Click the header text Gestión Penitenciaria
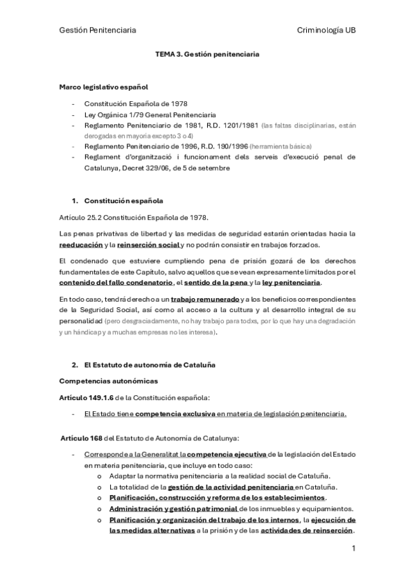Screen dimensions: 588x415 coord(98,31)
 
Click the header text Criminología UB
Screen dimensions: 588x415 coord(326,31)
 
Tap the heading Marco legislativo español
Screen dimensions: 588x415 coord(103,87)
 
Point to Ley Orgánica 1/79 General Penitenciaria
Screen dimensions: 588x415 coord(150,114)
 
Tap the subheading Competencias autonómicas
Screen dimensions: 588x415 coord(109,381)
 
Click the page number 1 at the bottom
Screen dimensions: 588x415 coord(353,549)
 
